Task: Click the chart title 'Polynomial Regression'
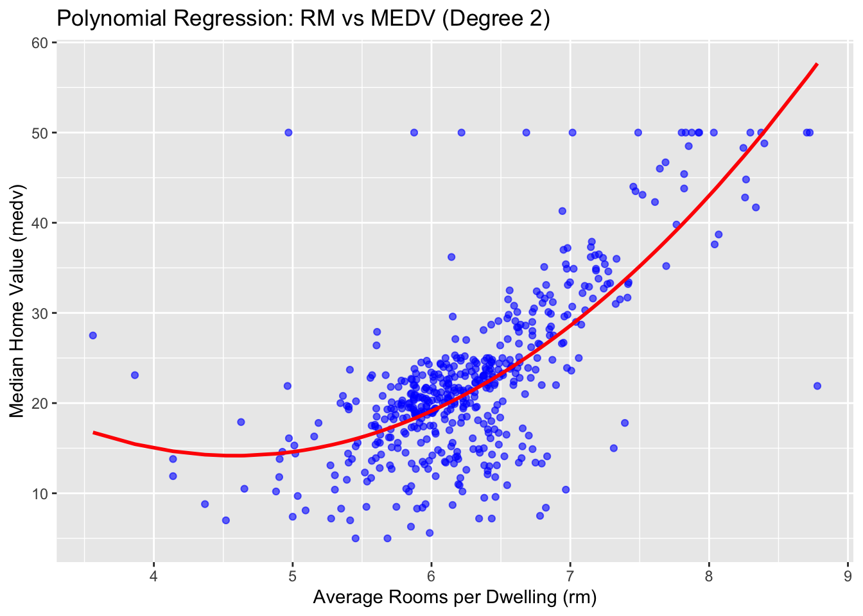[303, 19]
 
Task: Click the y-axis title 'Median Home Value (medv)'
[17, 301]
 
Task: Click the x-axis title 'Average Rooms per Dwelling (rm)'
[455, 597]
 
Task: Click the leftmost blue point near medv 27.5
[92, 336]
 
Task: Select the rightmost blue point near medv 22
[817, 386]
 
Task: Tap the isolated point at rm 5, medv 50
[288, 133]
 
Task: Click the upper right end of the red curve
[817, 64]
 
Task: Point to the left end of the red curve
[94, 432]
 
